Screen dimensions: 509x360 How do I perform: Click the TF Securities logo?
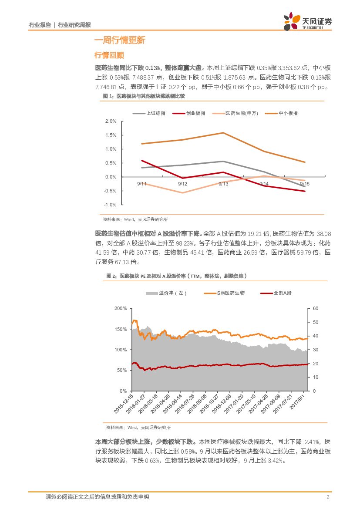click(x=307, y=21)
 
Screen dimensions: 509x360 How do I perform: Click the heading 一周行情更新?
click(x=120, y=40)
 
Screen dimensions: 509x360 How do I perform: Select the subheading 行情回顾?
click(x=109, y=55)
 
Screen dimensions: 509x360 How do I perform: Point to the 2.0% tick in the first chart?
click(x=111, y=121)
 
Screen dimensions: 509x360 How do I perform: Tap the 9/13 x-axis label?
click(x=223, y=184)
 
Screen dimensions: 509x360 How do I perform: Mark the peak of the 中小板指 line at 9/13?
click(x=223, y=133)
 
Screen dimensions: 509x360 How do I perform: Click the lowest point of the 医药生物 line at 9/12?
click(x=183, y=192)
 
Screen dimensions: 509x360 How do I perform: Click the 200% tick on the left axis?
click(x=120, y=308)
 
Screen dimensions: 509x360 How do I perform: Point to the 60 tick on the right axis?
click(x=316, y=308)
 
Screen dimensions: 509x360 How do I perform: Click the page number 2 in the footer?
click(x=327, y=497)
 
